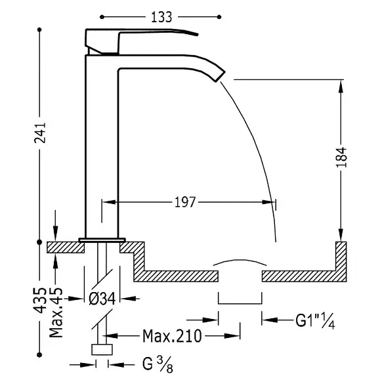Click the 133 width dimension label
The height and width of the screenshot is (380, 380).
point(161,17)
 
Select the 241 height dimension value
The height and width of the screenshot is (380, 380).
point(40,133)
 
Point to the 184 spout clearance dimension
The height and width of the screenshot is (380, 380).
point(341,157)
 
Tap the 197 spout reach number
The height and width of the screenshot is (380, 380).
point(185,202)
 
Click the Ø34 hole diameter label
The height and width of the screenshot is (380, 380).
point(102,299)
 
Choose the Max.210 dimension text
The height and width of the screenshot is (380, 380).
point(172,336)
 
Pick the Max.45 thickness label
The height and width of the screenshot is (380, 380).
point(56,312)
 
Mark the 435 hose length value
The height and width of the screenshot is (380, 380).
point(40,301)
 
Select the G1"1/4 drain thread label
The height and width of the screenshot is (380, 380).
point(315,321)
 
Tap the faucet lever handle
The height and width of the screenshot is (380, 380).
point(142,41)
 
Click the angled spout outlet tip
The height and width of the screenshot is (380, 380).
point(220,76)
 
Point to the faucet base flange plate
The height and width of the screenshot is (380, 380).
point(102,240)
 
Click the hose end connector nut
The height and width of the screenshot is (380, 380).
point(102,349)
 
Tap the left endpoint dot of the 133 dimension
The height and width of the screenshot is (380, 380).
point(102,17)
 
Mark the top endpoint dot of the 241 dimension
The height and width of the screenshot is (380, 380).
point(39,30)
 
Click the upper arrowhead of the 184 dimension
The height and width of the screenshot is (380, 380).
point(341,86)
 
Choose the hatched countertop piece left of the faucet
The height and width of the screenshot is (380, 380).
point(66,247)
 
